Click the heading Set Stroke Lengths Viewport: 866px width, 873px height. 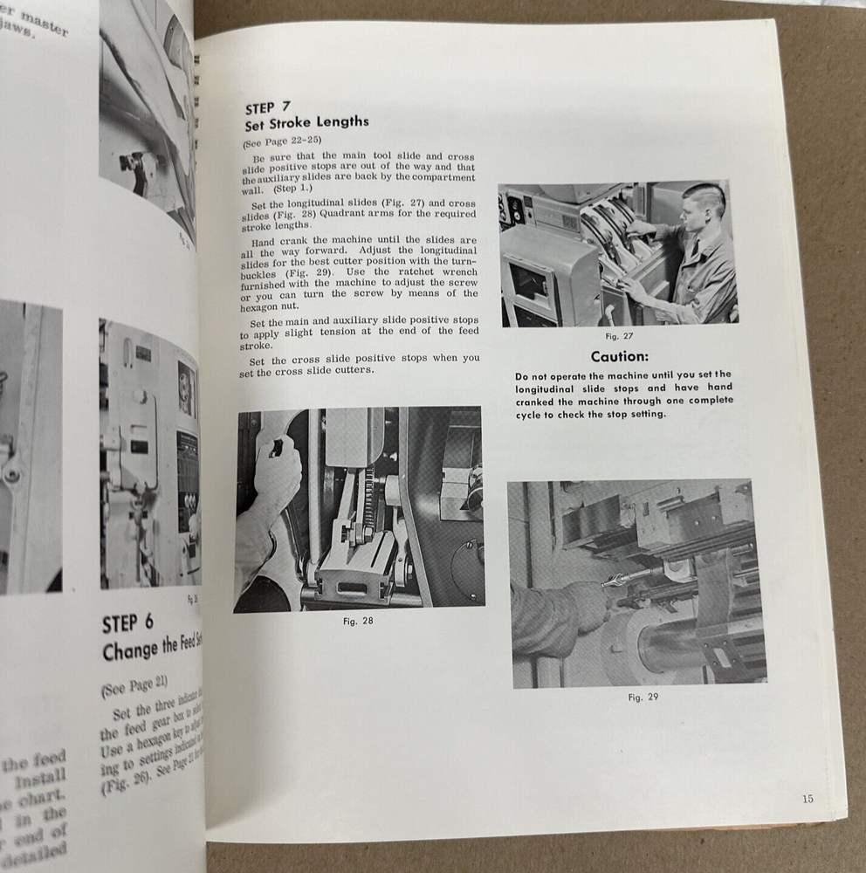pyautogui.click(x=306, y=123)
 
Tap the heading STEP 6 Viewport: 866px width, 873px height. pyautogui.click(x=128, y=624)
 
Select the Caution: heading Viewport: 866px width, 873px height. pyautogui.click(x=619, y=357)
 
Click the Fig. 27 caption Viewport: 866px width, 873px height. pyautogui.click(x=618, y=336)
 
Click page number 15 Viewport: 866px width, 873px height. pyautogui.click(x=807, y=798)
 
